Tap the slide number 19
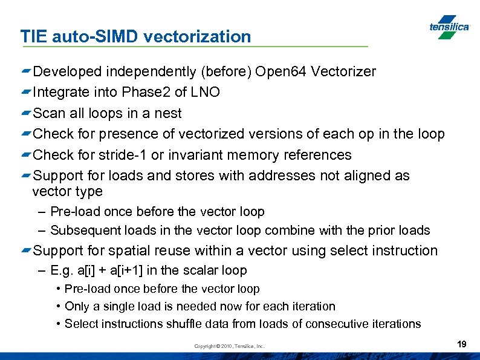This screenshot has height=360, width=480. click(462, 344)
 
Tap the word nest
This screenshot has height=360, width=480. click(169, 113)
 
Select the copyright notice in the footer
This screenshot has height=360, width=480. click(229, 346)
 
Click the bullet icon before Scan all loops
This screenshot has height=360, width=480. click(25, 113)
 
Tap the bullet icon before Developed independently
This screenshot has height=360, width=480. click(25, 72)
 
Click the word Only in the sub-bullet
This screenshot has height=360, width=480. click(76, 306)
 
